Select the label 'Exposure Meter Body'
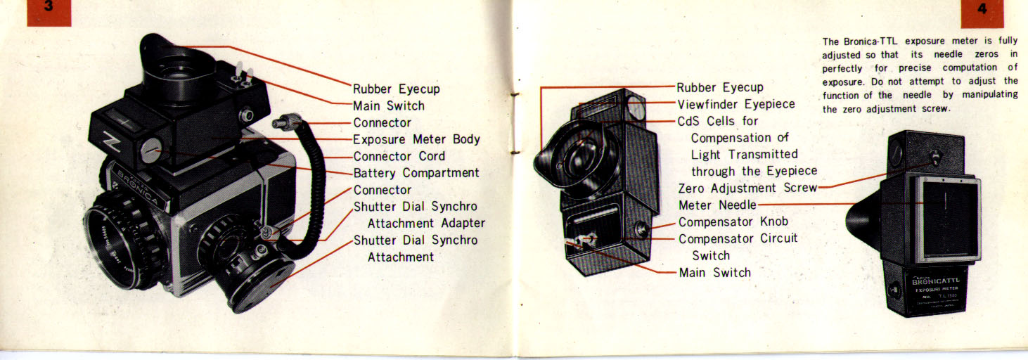[x=416, y=139]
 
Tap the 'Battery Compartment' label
[x=416, y=173]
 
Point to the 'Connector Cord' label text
[x=399, y=156]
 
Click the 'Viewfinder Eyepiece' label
[x=735, y=104]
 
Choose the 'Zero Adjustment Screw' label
[x=747, y=188]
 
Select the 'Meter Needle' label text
[x=717, y=205]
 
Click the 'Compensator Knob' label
[x=733, y=222]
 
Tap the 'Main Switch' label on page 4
[x=714, y=273]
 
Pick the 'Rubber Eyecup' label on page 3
[x=396, y=89]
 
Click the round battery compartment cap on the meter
[x=153, y=150]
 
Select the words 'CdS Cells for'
[x=718, y=121]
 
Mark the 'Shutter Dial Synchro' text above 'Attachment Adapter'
[x=415, y=207]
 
